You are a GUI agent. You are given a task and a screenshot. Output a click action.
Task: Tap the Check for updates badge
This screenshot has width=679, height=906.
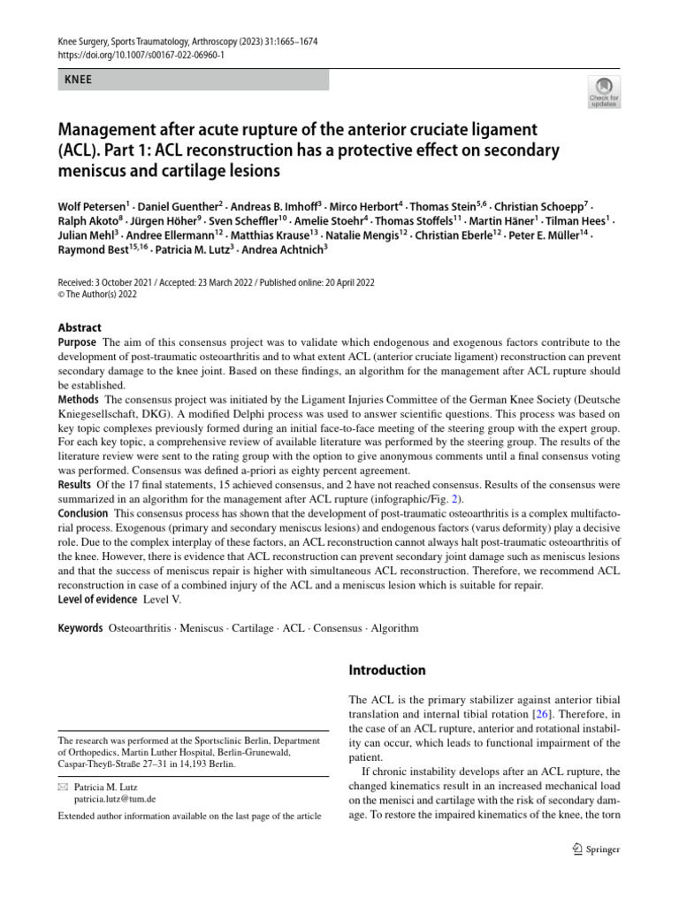coord(603,92)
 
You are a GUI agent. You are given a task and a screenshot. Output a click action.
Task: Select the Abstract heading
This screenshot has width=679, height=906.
coord(80,327)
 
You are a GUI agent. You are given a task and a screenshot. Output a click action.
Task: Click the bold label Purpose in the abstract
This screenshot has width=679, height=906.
coord(77,342)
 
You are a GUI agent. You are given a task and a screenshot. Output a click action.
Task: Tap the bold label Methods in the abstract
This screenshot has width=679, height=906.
coord(79,401)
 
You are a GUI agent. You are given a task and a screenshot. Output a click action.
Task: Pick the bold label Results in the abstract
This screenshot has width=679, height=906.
coord(74,484)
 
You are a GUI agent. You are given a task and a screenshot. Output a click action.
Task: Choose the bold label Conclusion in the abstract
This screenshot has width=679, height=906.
coord(83,513)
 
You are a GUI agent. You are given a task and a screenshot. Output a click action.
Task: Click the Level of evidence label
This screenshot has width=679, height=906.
coord(96,599)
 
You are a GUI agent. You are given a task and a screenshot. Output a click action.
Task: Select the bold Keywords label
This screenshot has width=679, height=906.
coord(80,628)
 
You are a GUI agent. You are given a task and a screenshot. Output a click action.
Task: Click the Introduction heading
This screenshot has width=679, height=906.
coord(387,670)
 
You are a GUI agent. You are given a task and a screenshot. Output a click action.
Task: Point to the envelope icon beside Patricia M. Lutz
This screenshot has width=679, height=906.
coord(63,785)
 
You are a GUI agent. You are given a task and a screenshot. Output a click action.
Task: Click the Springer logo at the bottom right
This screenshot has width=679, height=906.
coord(597,849)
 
